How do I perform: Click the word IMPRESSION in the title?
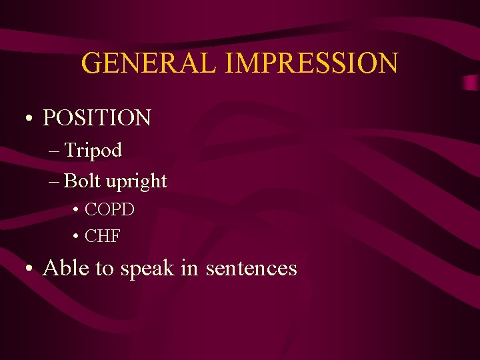(x=313, y=63)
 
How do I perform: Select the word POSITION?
(x=97, y=118)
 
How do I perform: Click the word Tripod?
(x=93, y=151)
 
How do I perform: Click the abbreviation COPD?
(x=110, y=210)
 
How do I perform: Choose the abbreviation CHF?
(x=103, y=237)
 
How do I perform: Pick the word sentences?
(x=251, y=269)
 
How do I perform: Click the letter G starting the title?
(x=91, y=63)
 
